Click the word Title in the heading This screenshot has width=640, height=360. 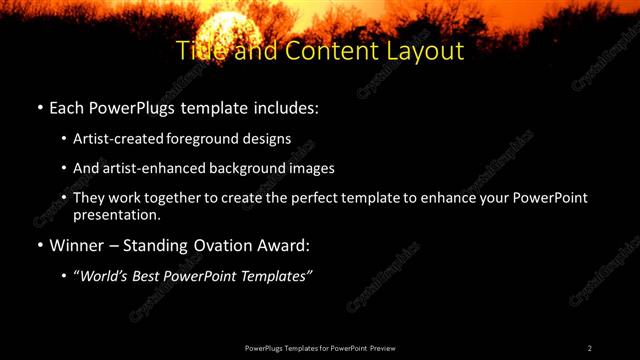coord(197,50)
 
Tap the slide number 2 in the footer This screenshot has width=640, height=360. coord(590,348)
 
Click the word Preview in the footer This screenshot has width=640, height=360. coord(382,348)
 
